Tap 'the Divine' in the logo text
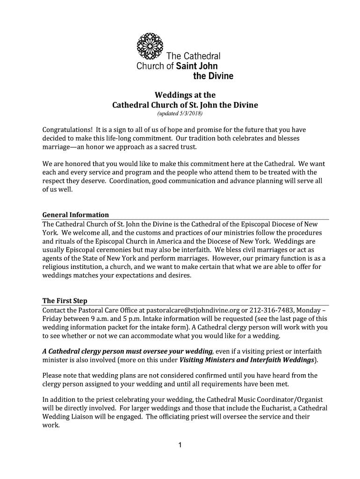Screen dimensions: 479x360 [213, 76]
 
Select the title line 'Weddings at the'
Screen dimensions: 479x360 [185, 95]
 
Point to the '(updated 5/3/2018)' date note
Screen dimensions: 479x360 [180, 114]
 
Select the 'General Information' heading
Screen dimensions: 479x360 [76, 215]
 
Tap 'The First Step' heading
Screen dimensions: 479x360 [65, 301]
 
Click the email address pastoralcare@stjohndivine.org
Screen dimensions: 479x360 [194, 310]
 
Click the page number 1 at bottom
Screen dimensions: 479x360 [180, 445]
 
